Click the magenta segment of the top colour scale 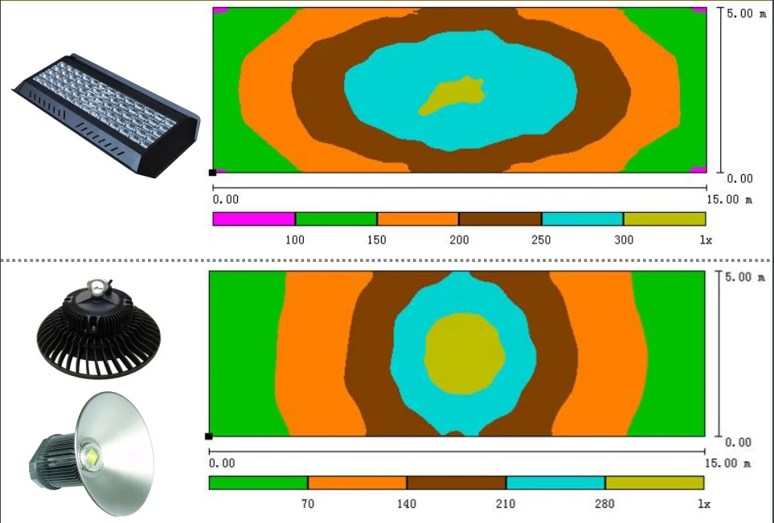(x=254, y=219)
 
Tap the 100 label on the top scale (x=295, y=240)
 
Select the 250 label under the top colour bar (x=541, y=240)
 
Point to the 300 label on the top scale (x=624, y=240)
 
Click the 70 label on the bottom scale (x=308, y=504)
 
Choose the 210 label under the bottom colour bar (x=506, y=504)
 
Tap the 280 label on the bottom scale (x=604, y=504)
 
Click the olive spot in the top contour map (x=452, y=96)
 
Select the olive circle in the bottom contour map (x=465, y=353)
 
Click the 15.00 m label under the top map (x=730, y=200)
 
